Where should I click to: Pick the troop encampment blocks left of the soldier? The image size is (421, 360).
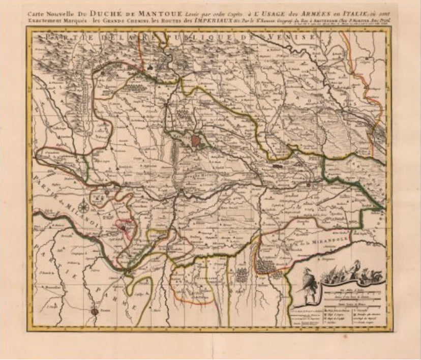point(265,266)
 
